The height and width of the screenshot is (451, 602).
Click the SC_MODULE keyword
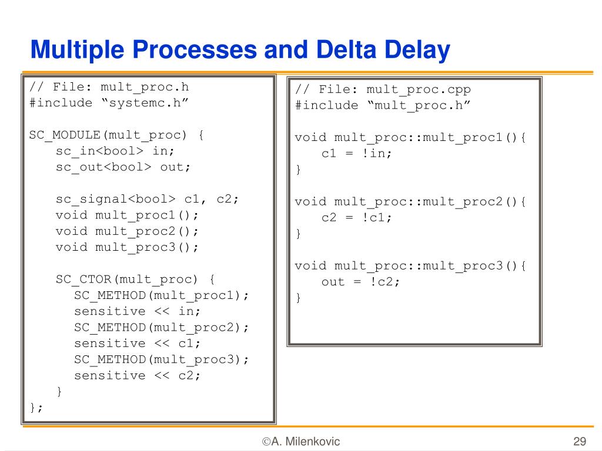tap(65, 135)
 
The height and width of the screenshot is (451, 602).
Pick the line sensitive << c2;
tap(137, 375)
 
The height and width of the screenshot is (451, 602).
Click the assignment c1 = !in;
tap(356, 153)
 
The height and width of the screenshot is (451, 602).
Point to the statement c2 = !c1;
tap(356, 217)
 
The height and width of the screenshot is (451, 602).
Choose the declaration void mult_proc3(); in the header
tap(127, 247)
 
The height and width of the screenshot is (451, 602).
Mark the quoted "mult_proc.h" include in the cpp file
tap(419, 105)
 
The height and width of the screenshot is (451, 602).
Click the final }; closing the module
tap(36, 408)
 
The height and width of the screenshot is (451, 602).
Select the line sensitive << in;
tap(137, 311)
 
